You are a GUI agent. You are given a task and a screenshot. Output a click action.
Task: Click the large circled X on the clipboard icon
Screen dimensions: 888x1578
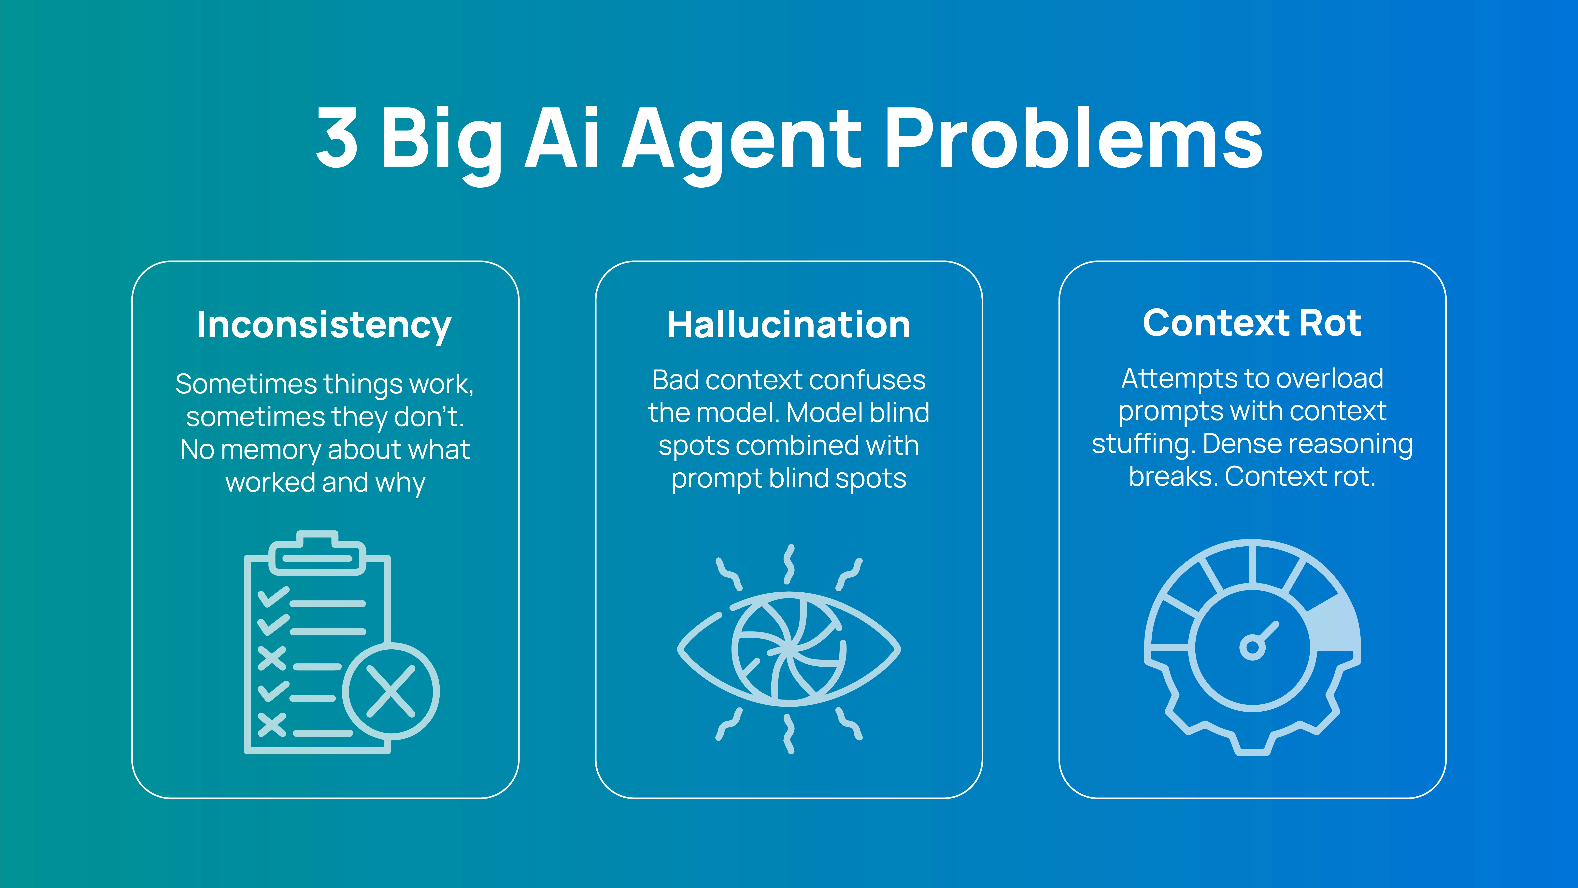point(391,691)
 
